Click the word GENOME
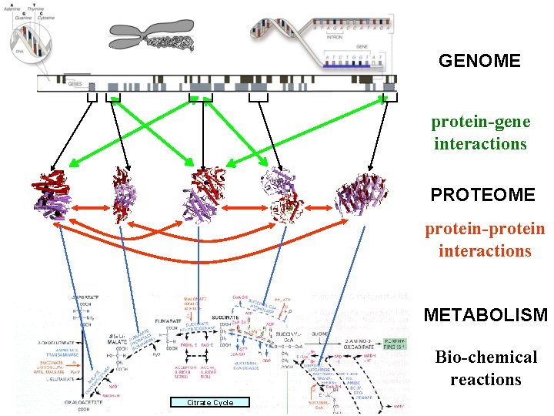479,60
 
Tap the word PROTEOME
482,195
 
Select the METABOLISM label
486,315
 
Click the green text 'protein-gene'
480,122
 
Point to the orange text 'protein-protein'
485,229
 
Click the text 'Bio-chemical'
486,357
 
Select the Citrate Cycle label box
209,402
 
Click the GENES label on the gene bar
75,83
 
